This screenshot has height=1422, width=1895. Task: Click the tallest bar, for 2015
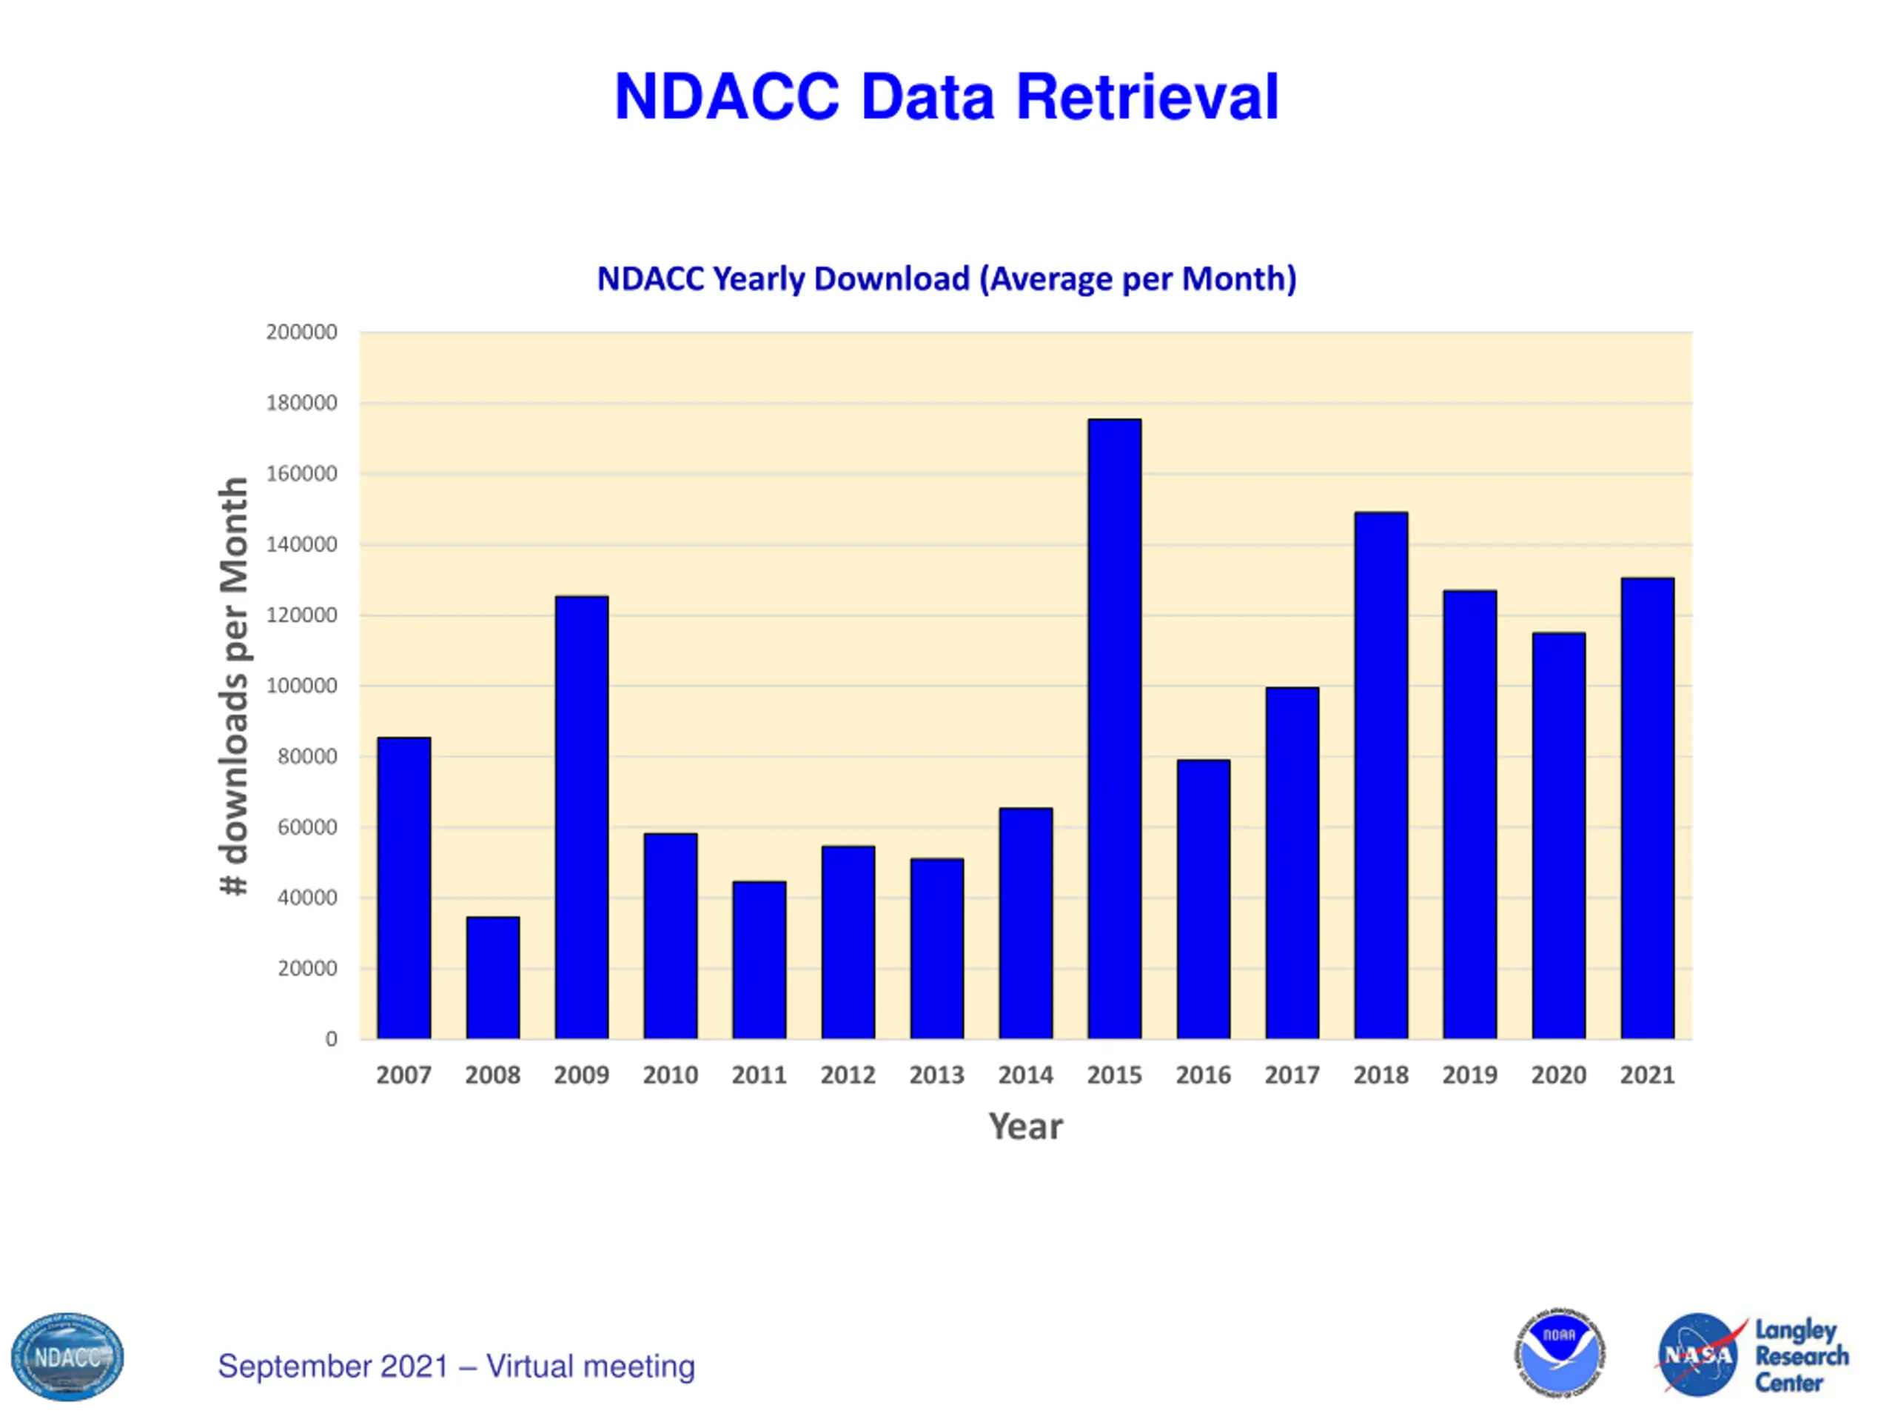(1114, 729)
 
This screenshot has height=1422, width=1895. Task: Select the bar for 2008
(492, 978)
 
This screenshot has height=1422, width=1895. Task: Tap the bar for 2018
(1381, 775)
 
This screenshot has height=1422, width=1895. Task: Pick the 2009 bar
(582, 818)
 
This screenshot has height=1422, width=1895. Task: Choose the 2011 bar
(759, 960)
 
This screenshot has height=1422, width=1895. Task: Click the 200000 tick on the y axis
(301, 332)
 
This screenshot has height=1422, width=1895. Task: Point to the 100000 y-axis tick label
(301, 686)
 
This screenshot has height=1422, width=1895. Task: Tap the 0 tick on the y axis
(331, 1040)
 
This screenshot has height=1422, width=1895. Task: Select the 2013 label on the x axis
(936, 1075)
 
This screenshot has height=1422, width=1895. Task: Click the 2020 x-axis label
(1558, 1075)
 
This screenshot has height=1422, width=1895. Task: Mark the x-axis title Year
(1025, 1126)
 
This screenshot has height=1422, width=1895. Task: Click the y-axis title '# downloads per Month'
(234, 686)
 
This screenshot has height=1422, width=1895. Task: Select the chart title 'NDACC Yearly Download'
(947, 279)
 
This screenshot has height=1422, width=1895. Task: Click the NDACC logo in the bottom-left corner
(67, 1357)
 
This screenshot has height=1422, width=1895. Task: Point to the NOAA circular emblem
(1559, 1353)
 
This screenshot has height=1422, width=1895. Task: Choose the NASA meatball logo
(1698, 1355)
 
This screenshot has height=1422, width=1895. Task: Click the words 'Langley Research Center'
(1801, 1356)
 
